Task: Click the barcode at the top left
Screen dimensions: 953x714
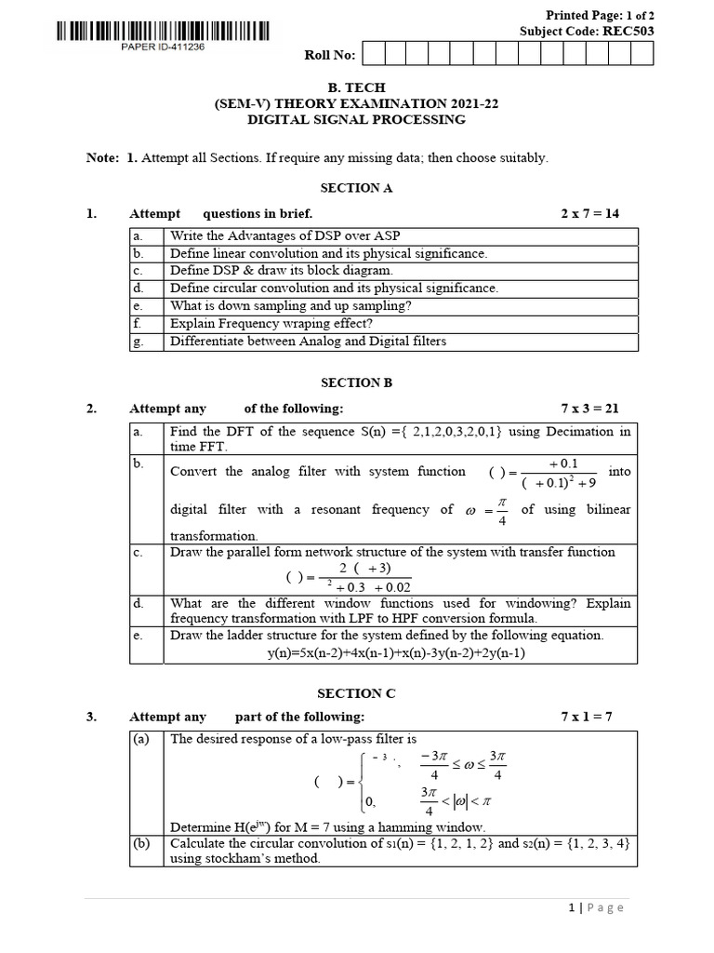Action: point(164,31)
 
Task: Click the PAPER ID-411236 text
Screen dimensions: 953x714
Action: point(163,48)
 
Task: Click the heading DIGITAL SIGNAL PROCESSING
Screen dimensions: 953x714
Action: point(356,120)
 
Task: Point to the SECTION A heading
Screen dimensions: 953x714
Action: point(356,188)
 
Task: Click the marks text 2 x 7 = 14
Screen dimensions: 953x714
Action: point(589,214)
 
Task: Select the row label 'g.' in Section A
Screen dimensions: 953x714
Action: point(138,342)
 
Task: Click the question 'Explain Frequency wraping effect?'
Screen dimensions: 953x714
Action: point(271,324)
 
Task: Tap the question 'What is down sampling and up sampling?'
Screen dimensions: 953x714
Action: point(290,306)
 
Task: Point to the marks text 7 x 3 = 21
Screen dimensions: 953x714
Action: point(589,409)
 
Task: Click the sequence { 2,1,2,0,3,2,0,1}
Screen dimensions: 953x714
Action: point(447,432)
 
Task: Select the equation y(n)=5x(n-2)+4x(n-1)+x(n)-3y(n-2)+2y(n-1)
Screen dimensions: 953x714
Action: point(396,652)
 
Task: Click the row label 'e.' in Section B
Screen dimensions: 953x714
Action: point(138,636)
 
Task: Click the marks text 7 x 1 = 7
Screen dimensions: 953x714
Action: point(587,718)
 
